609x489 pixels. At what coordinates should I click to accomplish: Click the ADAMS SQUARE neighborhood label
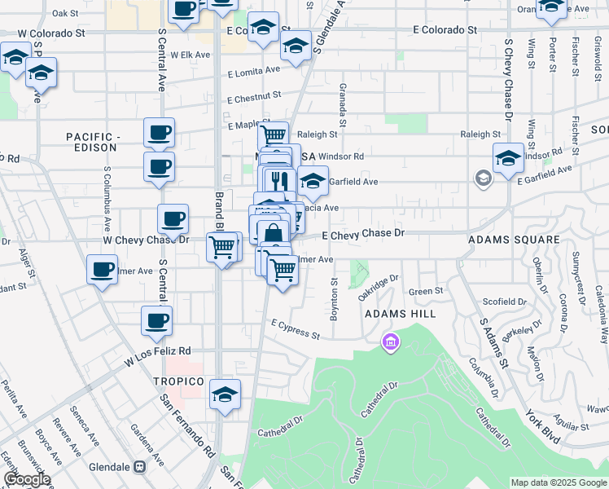click(x=514, y=240)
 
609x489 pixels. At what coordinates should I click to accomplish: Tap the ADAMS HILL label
click(x=400, y=314)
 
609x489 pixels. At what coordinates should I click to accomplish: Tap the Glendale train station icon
click(x=139, y=467)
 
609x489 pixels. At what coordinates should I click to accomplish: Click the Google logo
click(x=27, y=479)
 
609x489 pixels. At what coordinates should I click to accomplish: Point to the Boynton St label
click(x=333, y=300)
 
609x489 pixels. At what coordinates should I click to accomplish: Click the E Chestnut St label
click(x=254, y=99)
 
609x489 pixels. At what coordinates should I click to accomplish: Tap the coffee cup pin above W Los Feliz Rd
click(x=156, y=322)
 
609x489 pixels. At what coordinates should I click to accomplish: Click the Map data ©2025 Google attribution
click(x=558, y=482)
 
